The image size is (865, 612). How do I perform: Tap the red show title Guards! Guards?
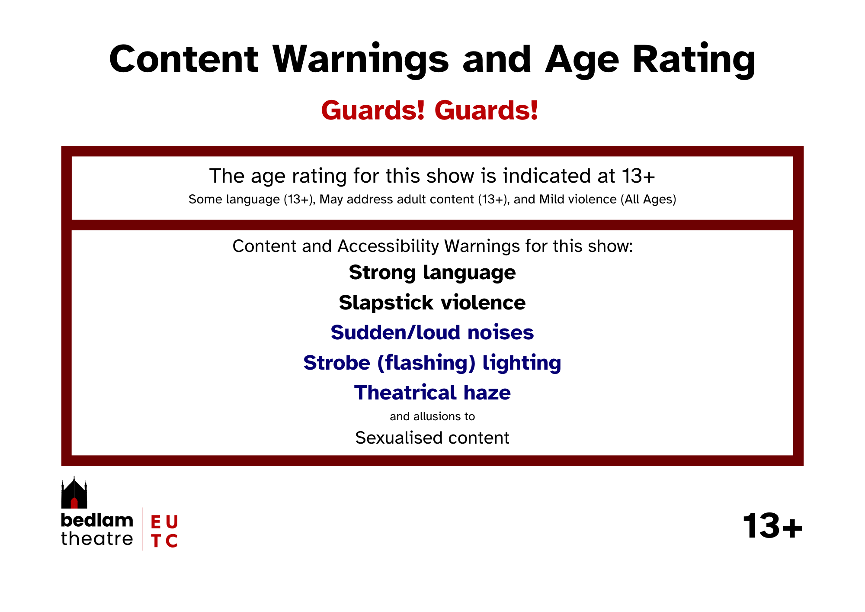point(430,110)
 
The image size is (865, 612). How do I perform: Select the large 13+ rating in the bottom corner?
point(772,526)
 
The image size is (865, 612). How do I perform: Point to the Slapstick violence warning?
point(432,303)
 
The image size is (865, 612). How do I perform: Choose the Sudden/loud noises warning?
point(432,332)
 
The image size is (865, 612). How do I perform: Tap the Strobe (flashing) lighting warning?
point(432,363)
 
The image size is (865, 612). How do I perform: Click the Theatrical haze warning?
point(432,393)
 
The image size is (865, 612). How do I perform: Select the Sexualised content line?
point(432,438)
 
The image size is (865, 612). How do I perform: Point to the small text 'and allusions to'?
point(432,416)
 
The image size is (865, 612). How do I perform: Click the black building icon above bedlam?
point(74,493)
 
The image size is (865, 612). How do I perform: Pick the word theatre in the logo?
point(97,539)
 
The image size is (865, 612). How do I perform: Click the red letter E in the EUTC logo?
point(156,522)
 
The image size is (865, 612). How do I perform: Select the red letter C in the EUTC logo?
point(172,541)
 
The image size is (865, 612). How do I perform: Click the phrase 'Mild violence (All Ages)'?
point(608,200)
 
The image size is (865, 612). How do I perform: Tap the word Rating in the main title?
point(694,61)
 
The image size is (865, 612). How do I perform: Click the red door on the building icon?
point(74,503)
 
